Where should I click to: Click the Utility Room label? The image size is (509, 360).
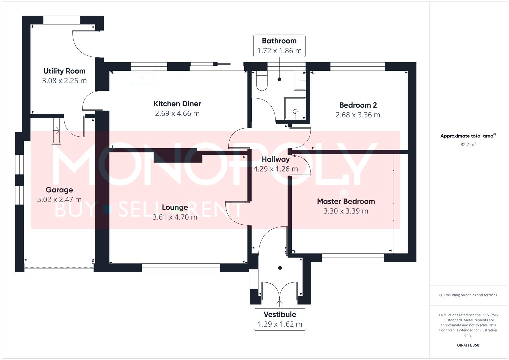click(x=64, y=71)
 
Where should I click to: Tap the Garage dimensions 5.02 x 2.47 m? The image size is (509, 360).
click(x=59, y=200)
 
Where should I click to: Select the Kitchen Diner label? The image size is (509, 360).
click(x=177, y=104)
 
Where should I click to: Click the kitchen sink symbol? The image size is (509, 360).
click(x=142, y=77)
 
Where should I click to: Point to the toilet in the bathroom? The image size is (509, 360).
click(x=262, y=81)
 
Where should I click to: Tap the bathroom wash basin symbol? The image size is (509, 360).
click(x=299, y=80)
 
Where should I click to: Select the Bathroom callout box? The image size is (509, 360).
click(x=279, y=46)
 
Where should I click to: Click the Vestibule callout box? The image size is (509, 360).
click(x=280, y=319)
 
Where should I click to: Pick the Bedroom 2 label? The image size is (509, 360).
click(x=358, y=105)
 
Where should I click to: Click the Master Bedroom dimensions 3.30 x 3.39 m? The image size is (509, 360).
click(x=346, y=211)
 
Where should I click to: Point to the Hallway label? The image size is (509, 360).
click(x=275, y=159)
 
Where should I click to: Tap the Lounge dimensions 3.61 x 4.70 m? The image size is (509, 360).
click(x=175, y=217)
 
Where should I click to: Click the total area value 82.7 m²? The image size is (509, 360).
click(x=468, y=145)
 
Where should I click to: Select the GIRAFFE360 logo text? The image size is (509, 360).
click(x=468, y=345)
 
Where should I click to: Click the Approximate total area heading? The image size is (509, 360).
click(x=468, y=136)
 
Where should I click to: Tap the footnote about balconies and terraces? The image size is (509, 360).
click(x=468, y=295)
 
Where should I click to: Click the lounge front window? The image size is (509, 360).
click(x=181, y=268)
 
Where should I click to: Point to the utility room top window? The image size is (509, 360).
click(x=62, y=20)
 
